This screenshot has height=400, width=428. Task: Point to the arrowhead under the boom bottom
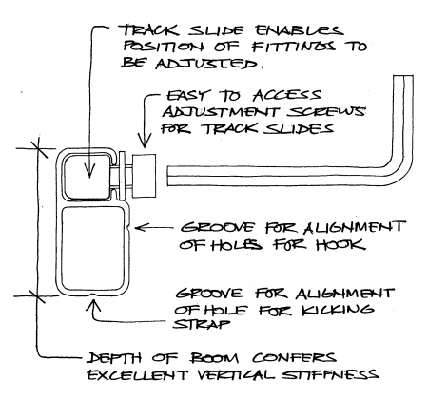tap(93, 302)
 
